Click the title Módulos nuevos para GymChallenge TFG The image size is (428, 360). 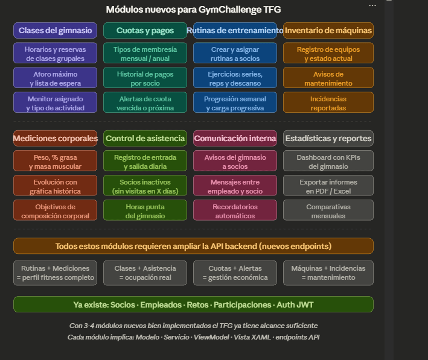pos(193,10)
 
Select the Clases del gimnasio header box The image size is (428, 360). pos(55,30)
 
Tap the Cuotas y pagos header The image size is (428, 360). pos(145,30)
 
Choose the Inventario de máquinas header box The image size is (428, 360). pos(328,30)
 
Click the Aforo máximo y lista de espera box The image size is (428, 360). pos(55,78)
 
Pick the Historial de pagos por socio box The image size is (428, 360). pos(145,78)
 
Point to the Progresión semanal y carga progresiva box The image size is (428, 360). pos(235,103)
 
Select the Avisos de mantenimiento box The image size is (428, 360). pos(328,78)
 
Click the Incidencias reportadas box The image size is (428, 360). pos(328,103)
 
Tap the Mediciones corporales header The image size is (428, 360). pos(55,138)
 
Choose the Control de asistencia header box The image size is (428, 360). pos(145,138)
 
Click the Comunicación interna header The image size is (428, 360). pos(235,138)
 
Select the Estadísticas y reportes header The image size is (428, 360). pos(328,138)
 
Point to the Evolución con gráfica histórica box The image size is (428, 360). pos(55,186)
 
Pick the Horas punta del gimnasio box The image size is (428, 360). pos(145,210)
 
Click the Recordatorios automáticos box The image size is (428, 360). pos(235,210)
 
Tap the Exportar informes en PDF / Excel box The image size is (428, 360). pos(328,186)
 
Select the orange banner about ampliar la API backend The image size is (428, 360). pos(193,246)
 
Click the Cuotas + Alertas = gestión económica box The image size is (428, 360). pos(235,273)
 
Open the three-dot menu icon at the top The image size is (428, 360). pos(372,5)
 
